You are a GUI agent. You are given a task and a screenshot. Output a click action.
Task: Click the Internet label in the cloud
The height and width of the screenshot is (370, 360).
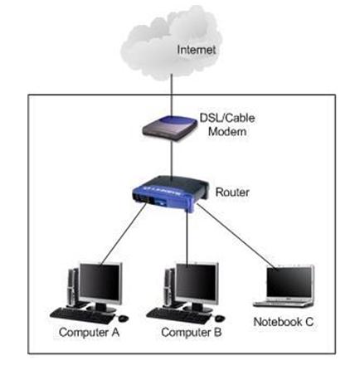click(196, 50)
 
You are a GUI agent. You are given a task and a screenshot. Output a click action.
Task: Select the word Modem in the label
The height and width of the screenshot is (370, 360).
click(227, 131)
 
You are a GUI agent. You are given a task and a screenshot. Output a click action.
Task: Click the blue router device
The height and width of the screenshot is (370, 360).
click(170, 193)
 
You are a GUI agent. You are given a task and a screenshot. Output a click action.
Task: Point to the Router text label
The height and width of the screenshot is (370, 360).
click(232, 192)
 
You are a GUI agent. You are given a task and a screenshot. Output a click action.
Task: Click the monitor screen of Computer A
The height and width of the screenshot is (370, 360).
click(100, 282)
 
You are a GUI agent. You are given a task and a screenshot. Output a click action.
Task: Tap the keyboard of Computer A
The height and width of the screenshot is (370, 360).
click(82, 315)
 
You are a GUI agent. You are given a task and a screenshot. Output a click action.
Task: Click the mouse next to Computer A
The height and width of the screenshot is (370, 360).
click(124, 318)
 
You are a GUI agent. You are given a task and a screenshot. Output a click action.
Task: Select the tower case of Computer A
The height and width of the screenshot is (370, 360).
click(72, 288)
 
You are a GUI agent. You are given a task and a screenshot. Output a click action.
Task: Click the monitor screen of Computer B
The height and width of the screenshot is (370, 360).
click(197, 282)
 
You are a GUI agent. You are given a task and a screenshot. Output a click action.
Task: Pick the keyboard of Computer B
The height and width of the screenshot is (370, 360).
click(178, 315)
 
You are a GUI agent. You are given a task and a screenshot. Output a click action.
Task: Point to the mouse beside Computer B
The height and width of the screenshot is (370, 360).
click(220, 318)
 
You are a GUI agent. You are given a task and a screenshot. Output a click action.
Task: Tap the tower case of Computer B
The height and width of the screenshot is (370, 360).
click(169, 288)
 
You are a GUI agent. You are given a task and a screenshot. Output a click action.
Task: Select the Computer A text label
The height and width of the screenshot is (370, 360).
click(89, 332)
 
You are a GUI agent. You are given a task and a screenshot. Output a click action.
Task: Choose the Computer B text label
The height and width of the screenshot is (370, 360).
click(192, 332)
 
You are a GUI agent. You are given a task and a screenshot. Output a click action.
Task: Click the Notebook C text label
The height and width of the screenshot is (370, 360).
click(284, 322)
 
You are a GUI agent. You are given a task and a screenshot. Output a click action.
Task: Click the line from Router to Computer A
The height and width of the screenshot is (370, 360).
click(123, 235)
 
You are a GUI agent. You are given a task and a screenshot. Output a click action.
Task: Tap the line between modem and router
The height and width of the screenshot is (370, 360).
click(172, 159)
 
